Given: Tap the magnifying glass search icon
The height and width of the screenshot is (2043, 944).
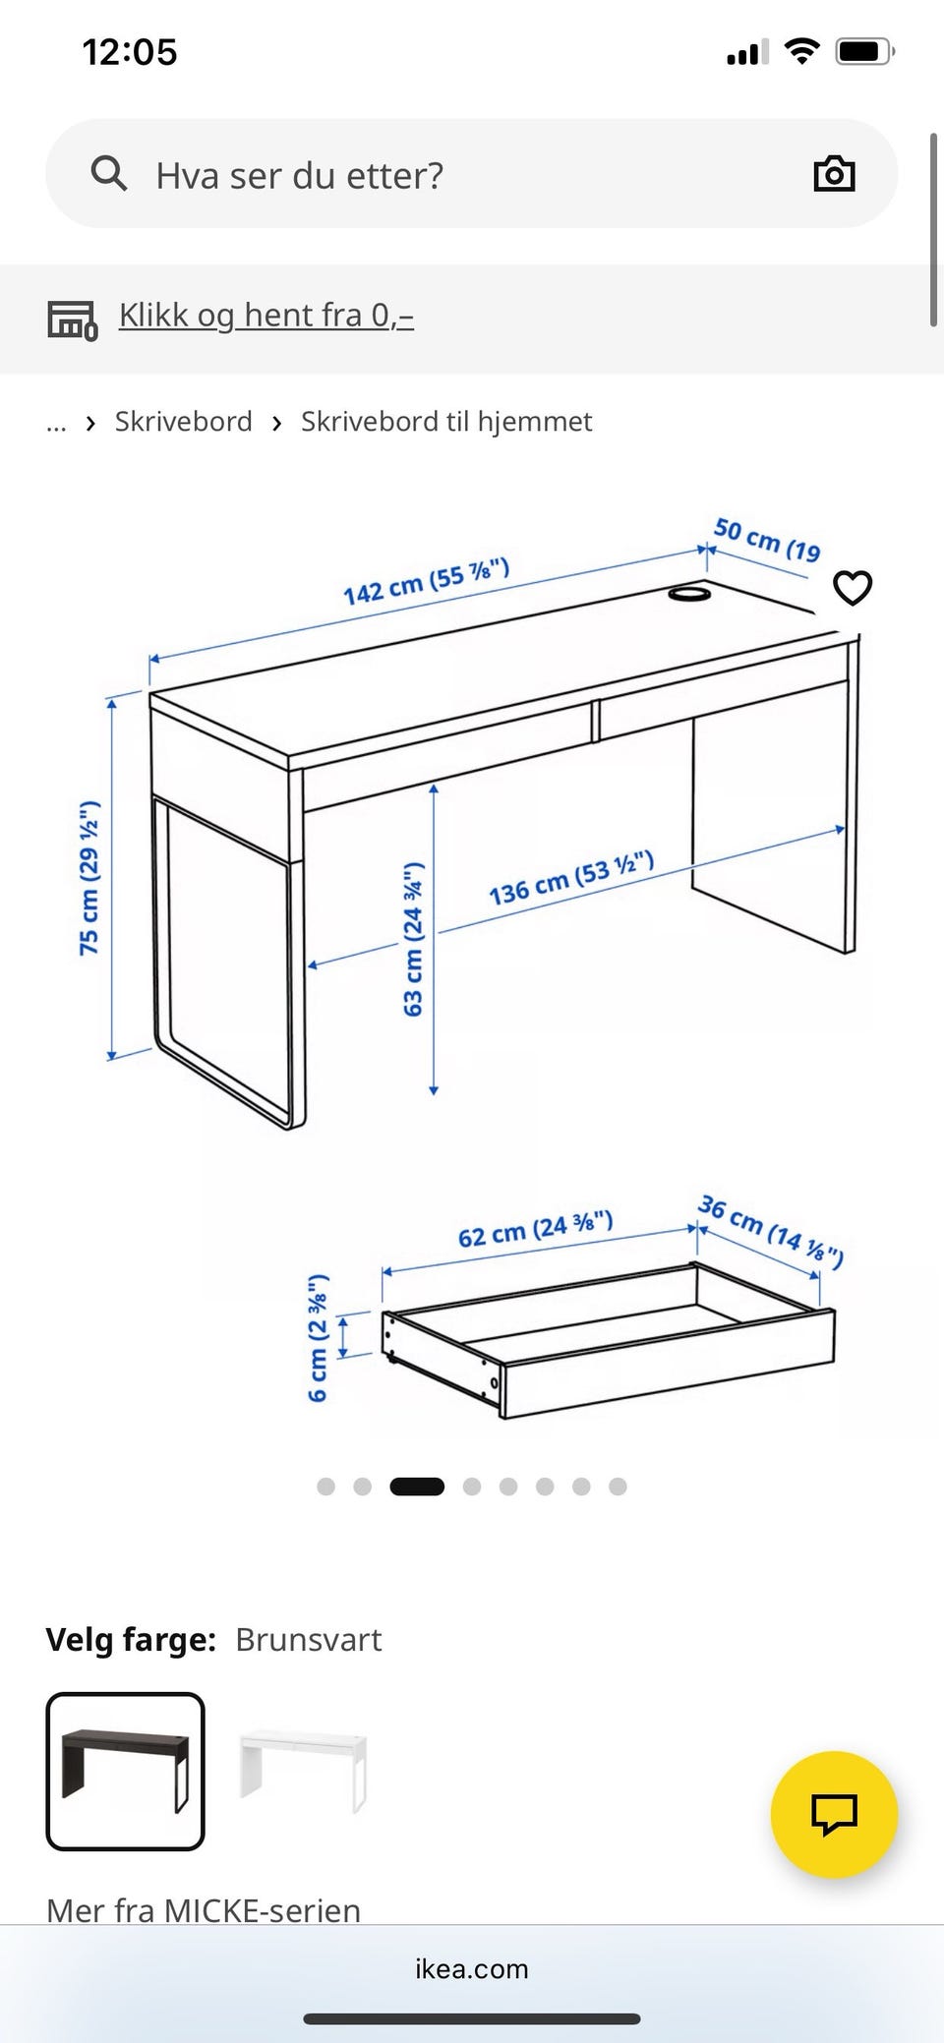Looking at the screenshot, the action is point(108,174).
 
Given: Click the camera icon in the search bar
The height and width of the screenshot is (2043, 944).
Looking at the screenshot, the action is point(834,174).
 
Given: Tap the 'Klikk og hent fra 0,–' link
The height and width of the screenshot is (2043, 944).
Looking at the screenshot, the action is point(266,315).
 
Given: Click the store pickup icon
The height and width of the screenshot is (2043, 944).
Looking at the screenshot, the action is point(73,320).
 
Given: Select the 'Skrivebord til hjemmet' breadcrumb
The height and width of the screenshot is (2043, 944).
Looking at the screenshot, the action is point(446,422).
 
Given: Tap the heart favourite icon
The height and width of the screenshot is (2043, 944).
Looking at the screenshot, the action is point(853,588).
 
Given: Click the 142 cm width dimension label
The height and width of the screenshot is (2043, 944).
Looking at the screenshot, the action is point(426,581).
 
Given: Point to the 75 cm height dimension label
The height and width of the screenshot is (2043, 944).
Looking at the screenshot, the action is point(88,878).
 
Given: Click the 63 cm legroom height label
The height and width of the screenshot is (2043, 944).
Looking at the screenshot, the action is point(413,939).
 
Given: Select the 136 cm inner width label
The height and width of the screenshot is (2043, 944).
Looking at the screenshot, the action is point(571,878).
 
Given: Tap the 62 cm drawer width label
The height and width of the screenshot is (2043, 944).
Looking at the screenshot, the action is point(536,1229).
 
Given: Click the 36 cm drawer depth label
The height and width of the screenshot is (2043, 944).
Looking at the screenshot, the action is point(771,1232).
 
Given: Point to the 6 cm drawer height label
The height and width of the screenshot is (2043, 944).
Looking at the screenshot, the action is point(317,1338).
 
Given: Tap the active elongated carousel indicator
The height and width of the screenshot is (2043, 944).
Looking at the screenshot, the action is point(417,1487).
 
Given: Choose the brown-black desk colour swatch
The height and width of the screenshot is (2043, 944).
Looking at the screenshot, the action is point(125,1772).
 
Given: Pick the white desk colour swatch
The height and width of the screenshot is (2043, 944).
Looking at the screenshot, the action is point(303,1772).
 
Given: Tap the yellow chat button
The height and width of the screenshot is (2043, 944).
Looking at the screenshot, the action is point(834,1814).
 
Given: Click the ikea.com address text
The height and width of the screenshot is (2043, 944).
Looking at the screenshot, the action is point(472,1968).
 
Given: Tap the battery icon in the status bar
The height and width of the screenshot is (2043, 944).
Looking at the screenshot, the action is point(864,51).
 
